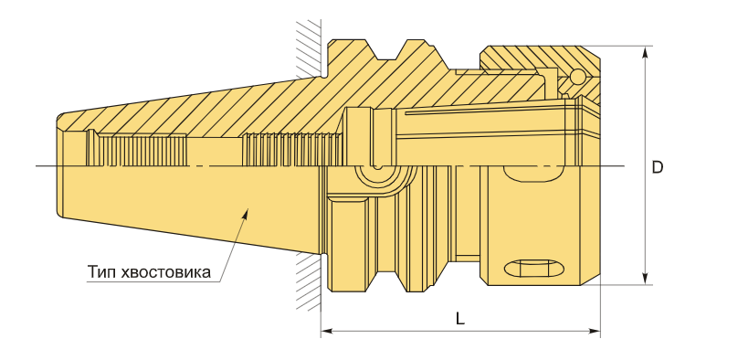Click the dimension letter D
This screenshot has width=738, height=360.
click(x=658, y=167)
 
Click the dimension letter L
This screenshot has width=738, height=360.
click(x=459, y=319)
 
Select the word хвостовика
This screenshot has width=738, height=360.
click(x=165, y=272)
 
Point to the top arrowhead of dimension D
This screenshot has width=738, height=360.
click(x=645, y=52)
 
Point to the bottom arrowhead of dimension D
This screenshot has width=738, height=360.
click(x=645, y=279)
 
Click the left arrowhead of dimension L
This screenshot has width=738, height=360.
click(x=327, y=332)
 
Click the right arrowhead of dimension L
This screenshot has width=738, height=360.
click(x=595, y=332)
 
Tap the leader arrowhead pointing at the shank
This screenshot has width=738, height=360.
click(x=245, y=215)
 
